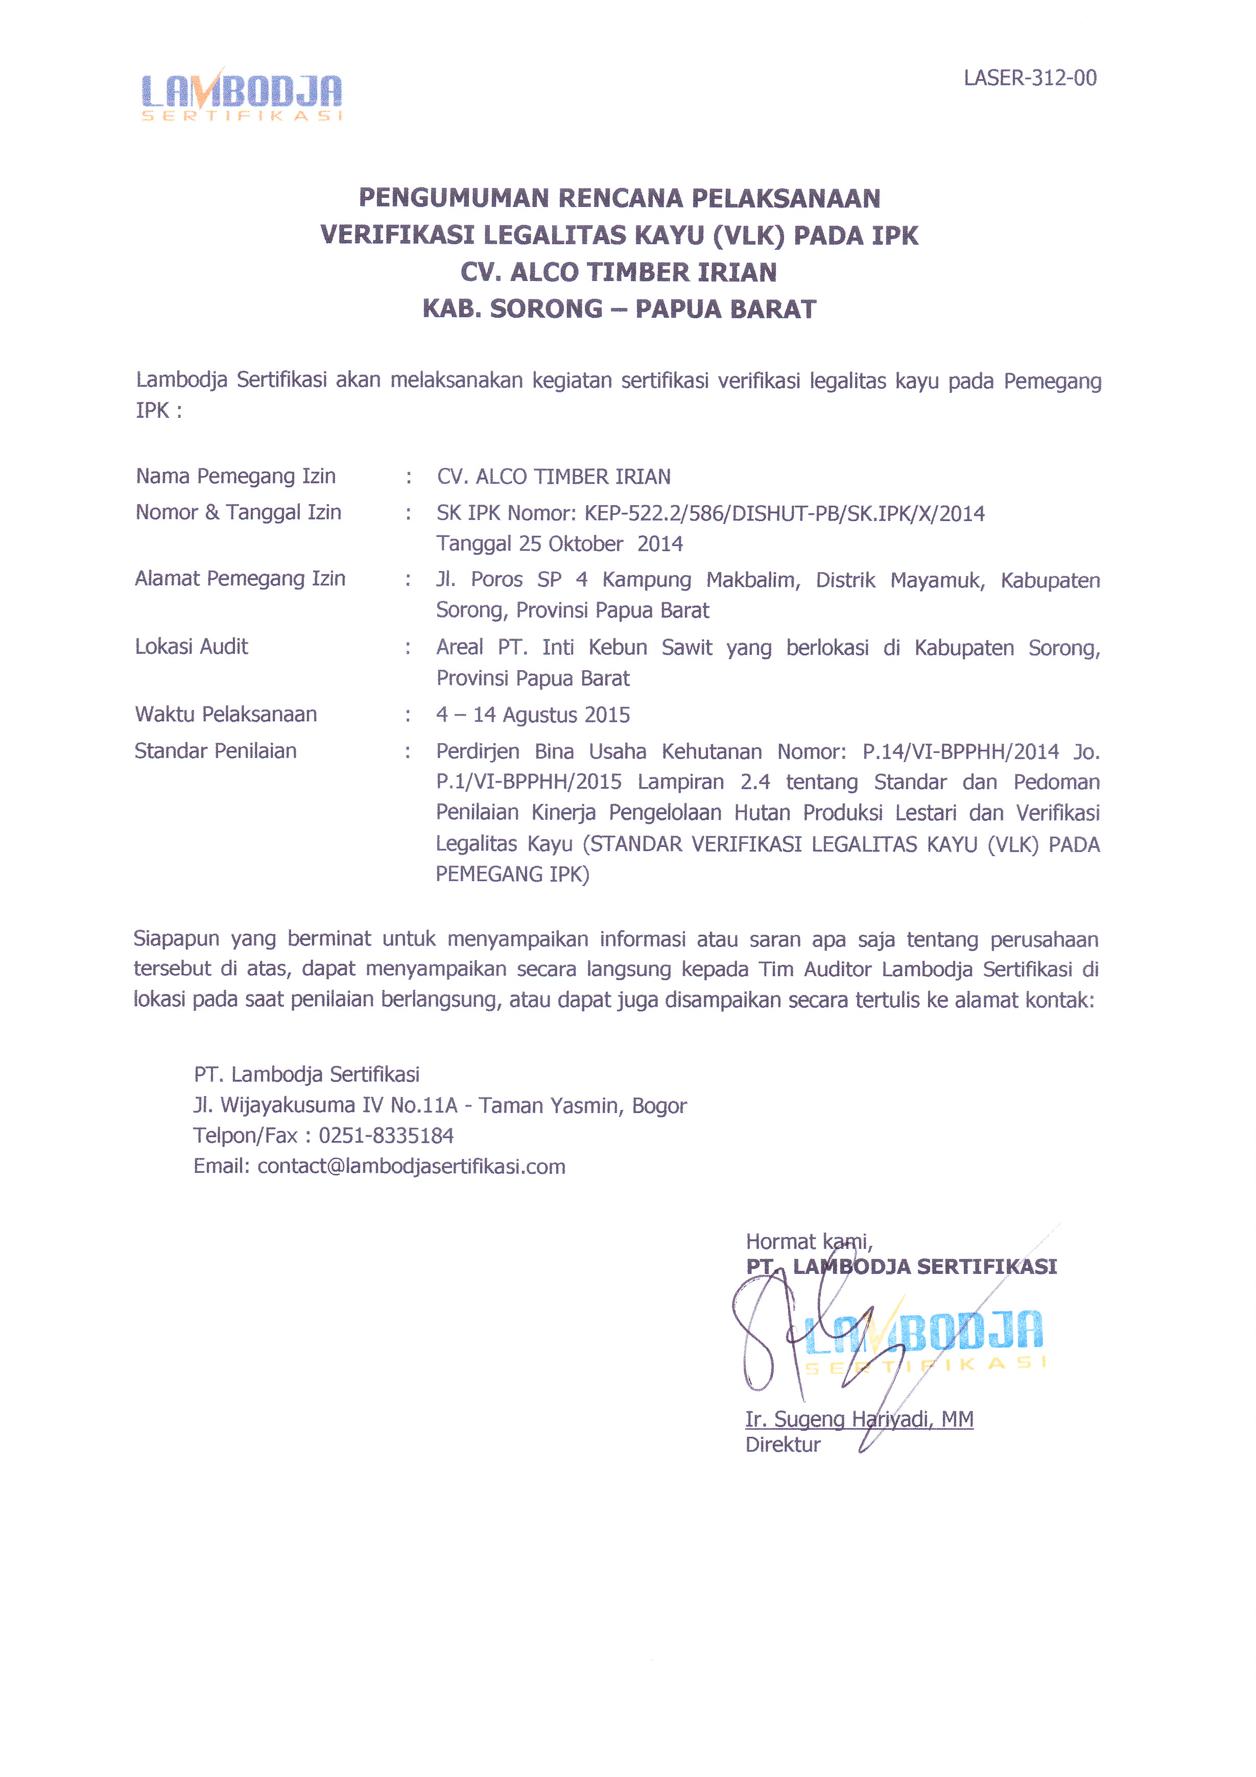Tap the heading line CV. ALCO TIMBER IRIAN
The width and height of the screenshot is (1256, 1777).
click(x=619, y=272)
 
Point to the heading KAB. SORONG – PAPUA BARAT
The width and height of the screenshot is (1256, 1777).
click(x=619, y=310)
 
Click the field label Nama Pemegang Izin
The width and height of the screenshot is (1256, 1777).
click(x=235, y=476)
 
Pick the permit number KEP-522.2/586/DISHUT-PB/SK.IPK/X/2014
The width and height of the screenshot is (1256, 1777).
click(x=784, y=514)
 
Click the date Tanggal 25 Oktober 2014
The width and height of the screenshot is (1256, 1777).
click(x=559, y=544)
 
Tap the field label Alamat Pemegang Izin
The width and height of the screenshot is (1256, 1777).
click(x=240, y=579)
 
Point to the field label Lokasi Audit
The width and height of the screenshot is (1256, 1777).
click(x=191, y=647)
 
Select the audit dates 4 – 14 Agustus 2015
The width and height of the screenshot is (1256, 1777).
click(x=532, y=715)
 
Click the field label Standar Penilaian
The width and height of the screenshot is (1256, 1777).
click(x=215, y=751)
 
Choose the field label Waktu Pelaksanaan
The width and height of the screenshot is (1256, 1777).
click(x=225, y=715)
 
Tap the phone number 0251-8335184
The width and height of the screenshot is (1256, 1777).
click(x=386, y=1136)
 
